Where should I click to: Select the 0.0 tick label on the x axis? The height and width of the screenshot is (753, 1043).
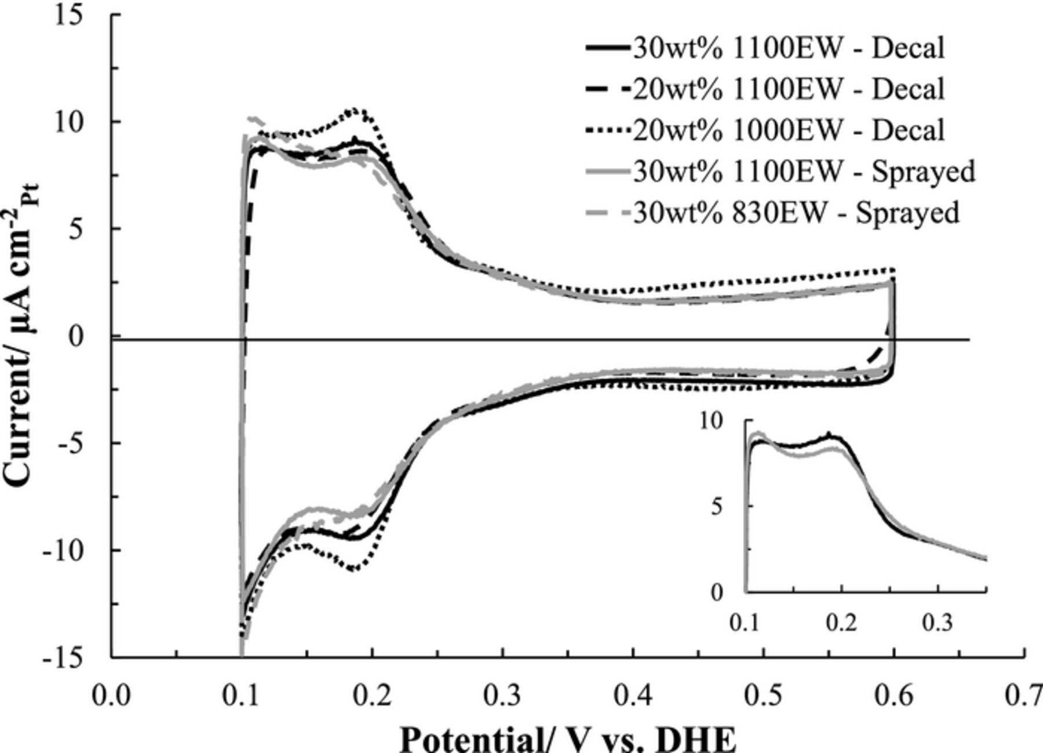point(111,696)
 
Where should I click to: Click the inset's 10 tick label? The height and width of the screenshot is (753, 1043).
point(712,420)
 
